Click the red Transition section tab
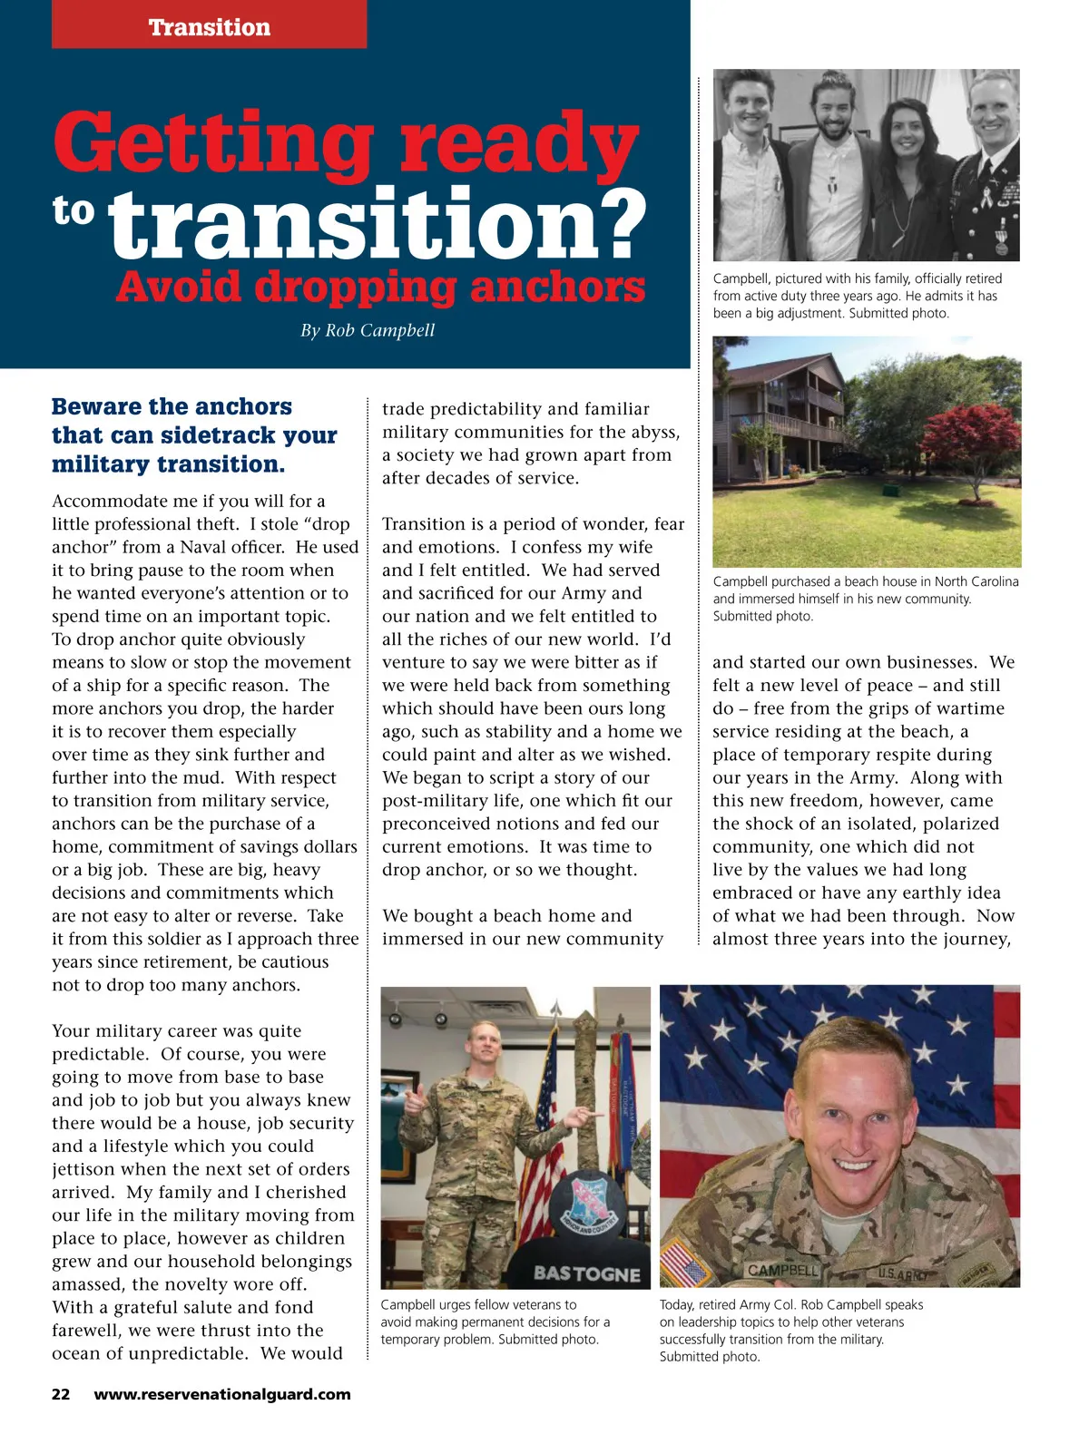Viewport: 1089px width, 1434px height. [x=210, y=25]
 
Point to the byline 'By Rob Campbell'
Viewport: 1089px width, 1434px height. [x=368, y=330]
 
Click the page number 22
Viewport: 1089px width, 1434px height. [x=61, y=1394]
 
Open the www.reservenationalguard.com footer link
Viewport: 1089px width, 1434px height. [x=222, y=1394]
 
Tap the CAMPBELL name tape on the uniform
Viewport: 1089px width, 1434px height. [x=782, y=1270]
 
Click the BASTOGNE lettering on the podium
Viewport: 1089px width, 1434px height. [x=586, y=1273]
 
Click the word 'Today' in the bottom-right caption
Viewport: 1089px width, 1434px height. [x=676, y=1304]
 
